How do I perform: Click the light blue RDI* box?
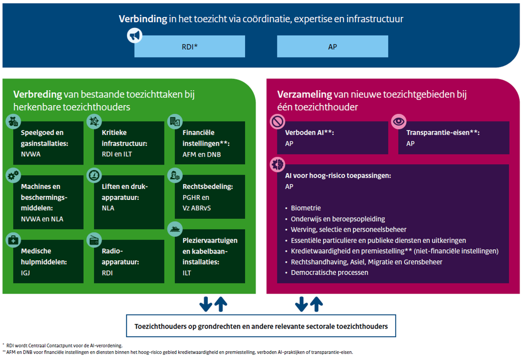coord(190,46)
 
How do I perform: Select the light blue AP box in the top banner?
coord(333,46)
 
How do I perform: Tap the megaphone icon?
coord(134,35)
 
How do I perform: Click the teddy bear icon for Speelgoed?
coord(13,121)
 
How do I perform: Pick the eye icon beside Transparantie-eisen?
coord(399,121)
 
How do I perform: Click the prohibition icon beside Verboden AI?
coord(277,121)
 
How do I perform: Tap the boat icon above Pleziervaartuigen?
coord(175,229)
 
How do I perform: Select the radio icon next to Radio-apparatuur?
coord(94,240)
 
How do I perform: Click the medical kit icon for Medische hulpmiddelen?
coord(13,240)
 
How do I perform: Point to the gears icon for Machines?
coord(13,175)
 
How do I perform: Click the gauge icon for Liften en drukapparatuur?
coord(94,175)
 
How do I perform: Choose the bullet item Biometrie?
coord(306,208)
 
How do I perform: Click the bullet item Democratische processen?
coord(329,272)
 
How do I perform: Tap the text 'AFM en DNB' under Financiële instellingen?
coord(201,154)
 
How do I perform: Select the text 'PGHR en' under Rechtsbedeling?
coord(196,197)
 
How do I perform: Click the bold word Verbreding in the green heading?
coord(37,94)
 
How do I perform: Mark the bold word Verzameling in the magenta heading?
coord(304,94)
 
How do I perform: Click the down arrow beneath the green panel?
coord(206,304)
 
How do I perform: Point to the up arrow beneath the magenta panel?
coord(316,304)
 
